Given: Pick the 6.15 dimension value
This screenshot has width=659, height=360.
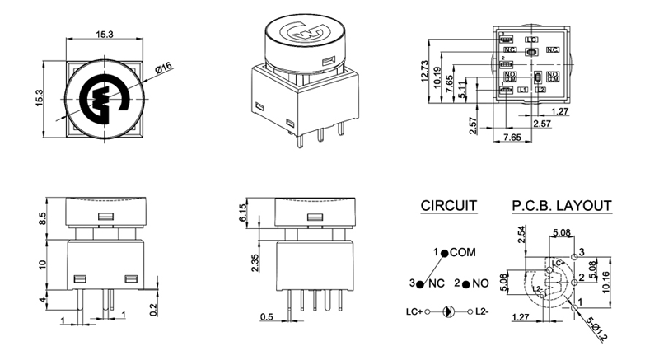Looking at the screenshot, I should [x=242, y=213].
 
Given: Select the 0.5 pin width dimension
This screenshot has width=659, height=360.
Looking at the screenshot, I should [x=267, y=317].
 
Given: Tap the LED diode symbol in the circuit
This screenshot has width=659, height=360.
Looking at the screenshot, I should [x=449, y=312].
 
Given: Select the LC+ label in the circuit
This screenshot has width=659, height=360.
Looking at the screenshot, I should [x=413, y=312].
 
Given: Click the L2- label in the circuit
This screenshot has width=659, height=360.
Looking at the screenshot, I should [x=485, y=312].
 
